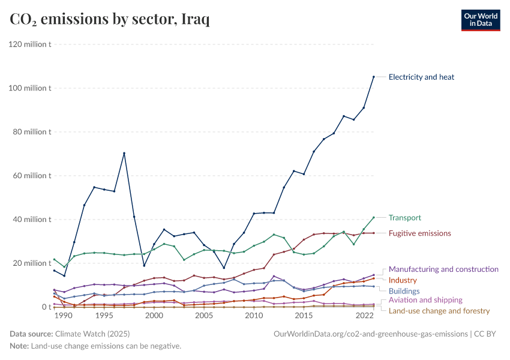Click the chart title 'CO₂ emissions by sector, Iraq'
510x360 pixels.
point(110,20)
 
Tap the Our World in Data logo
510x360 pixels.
point(480,20)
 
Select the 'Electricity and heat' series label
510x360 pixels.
point(421,77)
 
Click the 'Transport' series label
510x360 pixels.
point(404,218)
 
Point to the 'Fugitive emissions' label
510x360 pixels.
point(419,233)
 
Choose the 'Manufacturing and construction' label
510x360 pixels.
point(443,269)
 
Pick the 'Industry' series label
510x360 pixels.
point(403,280)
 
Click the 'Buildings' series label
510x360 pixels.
point(404,291)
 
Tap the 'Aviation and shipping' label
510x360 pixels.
point(425,300)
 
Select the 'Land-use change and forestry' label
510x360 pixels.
point(439,311)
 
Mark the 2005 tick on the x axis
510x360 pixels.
point(203,316)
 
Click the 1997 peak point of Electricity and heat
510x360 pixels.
point(124,153)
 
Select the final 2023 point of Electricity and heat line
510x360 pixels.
point(374,77)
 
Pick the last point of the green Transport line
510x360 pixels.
point(374,217)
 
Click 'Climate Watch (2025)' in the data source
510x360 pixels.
point(92,334)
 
